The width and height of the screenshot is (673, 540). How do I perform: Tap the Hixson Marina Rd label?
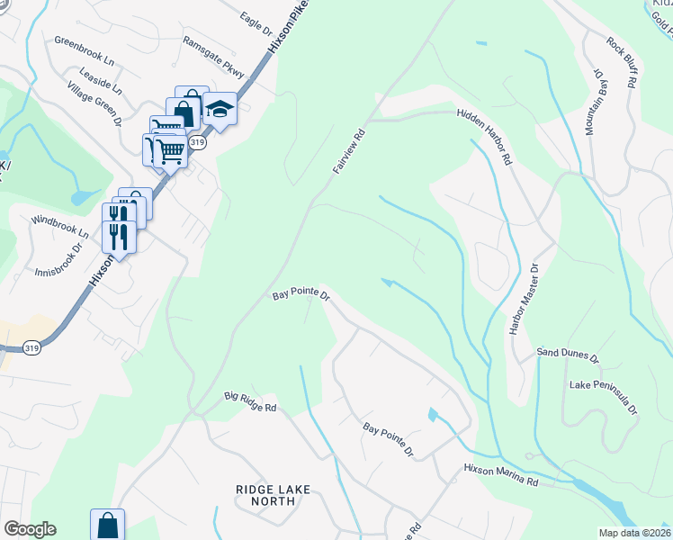pyautogui.click(x=500, y=476)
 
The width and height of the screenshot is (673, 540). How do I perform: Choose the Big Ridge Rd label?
pyautogui.click(x=250, y=401)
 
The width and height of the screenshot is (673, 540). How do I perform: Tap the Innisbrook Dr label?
pyautogui.click(x=59, y=259)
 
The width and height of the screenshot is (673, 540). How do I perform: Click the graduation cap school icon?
pyautogui.click(x=220, y=110)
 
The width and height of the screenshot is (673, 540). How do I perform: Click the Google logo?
pyautogui.click(x=30, y=529)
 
